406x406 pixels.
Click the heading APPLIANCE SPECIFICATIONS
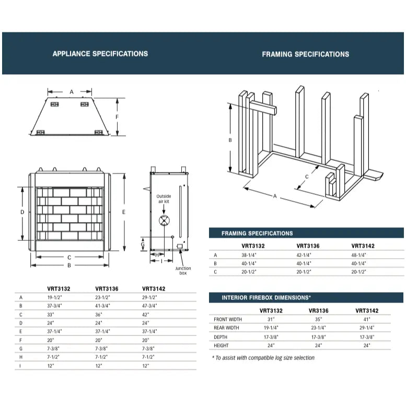tap(100, 53)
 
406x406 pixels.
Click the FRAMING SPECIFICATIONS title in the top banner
tap(305, 54)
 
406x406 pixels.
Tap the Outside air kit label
tap(164, 199)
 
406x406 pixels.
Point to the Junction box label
tap(183, 271)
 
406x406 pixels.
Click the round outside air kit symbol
tap(164, 220)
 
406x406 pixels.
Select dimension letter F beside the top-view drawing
tap(118, 117)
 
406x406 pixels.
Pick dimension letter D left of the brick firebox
tap(22, 212)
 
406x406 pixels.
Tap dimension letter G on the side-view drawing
tap(143, 244)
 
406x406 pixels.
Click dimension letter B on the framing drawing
tap(230, 140)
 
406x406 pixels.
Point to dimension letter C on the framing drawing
tap(307, 177)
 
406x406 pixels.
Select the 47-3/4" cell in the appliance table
tap(149, 305)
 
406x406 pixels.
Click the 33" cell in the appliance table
tap(50, 315)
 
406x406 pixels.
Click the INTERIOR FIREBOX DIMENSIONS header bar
tap(266, 297)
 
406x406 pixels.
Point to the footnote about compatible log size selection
tap(263, 358)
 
